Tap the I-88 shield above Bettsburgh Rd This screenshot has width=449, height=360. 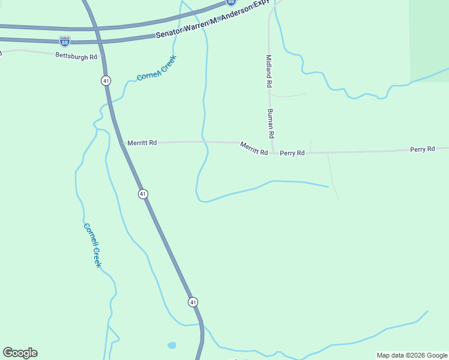tap(65, 41)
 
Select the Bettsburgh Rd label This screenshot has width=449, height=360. tap(76, 56)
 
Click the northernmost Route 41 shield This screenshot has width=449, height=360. tap(106, 80)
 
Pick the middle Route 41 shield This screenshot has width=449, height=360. tap(142, 194)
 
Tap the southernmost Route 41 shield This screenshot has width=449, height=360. tap(192, 302)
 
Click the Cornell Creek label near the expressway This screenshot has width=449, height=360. tap(156, 68)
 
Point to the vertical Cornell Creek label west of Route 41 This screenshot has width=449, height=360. tap(92, 245)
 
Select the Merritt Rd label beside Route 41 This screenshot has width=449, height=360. tap(142, 143)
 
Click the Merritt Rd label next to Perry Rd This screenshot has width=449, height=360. tap(253, 149)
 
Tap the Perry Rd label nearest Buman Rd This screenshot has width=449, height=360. tap(292, 153)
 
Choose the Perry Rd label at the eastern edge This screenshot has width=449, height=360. tap(422, 149)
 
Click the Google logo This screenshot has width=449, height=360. tap(20, 353)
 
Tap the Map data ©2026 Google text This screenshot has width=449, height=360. tap(412, 355)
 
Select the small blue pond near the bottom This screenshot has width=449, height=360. tap(172, 346)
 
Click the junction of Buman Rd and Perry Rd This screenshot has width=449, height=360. tap(273, 152)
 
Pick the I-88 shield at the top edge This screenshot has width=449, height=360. tap(231, 2)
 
